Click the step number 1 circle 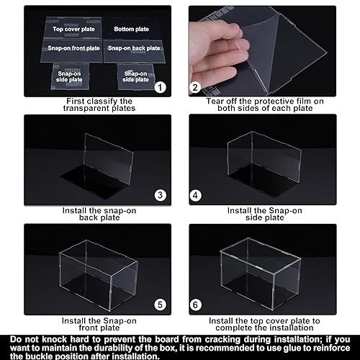(x=160, y=87)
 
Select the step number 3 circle (x=161, y=195)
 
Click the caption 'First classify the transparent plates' (x=89, y=106)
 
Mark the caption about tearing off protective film (x=269, y=106)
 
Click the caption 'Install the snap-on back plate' (x=89, y=214)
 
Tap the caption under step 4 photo (x=269, y=214)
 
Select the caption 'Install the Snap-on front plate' (x=89, y=322)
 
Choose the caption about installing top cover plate (x=269, y=322)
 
